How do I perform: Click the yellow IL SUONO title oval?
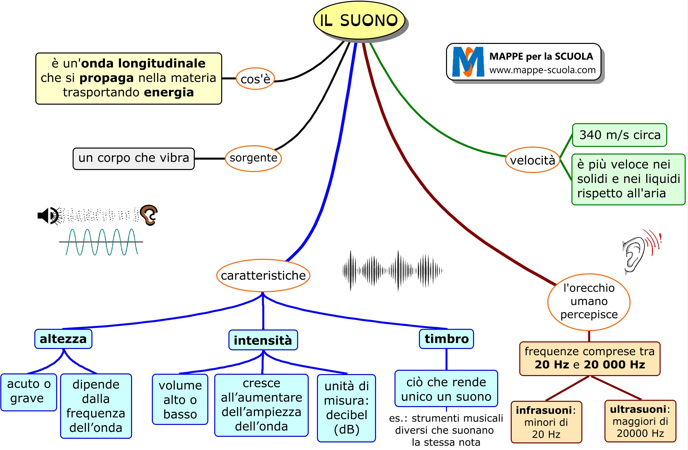(359, 20)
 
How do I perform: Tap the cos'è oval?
(255, 79)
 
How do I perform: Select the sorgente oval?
(253, 158)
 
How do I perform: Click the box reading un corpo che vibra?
(133, 158)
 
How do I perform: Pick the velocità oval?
(533, 160)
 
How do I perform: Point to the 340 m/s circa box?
(619, 135)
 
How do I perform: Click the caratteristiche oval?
(263, 275)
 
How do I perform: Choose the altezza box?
(63, 339)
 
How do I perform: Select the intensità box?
(263, 340)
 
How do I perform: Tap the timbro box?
(446, 339)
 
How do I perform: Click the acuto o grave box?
(29, 392)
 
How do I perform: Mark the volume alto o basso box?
(180, 399)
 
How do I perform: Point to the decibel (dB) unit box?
(346, 408)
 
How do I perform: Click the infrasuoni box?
(546, 422)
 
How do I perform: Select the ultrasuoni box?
(640, 421)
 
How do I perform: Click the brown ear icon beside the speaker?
(149, 215)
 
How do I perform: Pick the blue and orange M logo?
(468, 62)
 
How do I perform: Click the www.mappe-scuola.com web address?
(542, 70)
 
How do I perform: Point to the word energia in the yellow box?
(169, 92)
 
